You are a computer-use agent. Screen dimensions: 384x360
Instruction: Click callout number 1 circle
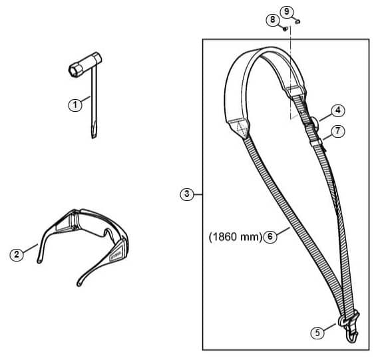pyautogui.click(x=75, y=105)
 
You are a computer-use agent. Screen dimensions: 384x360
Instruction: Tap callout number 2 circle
pyautogui.click(x=17, y=254)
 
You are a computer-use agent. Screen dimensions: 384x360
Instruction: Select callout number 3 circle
pyautogui.click(x=187, y=194)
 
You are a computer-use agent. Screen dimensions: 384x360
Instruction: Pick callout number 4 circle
pyautogui.click(x=338, y=110)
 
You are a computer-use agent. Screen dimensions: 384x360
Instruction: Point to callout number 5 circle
pyautogui.click(x=317, y=333)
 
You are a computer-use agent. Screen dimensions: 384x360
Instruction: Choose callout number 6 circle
pyautogui.click(x=270, y=237)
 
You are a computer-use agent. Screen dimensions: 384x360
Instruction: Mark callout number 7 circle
pyautogui.click(x=338, y=131)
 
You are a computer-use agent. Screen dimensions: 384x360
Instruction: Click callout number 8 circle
pyautogui.click(x=273, y=19)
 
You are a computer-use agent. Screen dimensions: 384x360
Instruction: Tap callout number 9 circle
pyautogui.click(x=287, y=11)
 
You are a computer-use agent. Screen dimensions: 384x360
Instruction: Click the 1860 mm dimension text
pyautogui.click(x=236, y=237)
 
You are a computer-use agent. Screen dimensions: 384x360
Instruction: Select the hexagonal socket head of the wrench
pyautogui.click(x=75, y=70)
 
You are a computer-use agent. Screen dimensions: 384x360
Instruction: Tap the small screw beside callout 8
pyautogui.click(x=285, y=29)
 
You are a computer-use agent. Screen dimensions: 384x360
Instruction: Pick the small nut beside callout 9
pyautogui.click(x=297, y=22)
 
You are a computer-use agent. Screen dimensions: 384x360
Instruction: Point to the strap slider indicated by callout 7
pyautogui.click(x=315, y=142)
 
